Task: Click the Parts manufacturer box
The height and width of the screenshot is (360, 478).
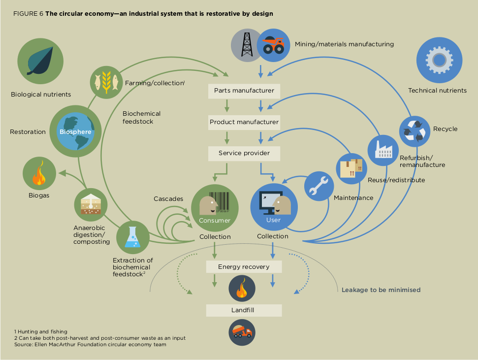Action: [244, 91]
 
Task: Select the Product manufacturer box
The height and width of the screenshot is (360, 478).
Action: [244, 122]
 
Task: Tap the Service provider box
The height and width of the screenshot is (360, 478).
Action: [244, 153]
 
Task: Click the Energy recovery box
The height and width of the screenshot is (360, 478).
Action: [244, 267]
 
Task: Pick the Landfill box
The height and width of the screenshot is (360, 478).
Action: [244, 310]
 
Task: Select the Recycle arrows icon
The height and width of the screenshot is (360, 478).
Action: [415, 130]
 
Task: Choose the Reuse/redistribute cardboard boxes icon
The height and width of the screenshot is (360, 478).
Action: [351, 168]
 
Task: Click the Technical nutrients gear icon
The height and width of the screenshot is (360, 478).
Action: [439, 61]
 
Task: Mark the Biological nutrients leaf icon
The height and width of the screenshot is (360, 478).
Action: [40, 61]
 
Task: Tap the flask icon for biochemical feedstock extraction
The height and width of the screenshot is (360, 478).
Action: [133, 237]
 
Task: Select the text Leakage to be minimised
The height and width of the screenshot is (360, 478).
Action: [381, 290]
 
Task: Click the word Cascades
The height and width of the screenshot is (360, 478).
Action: [168, 199]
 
